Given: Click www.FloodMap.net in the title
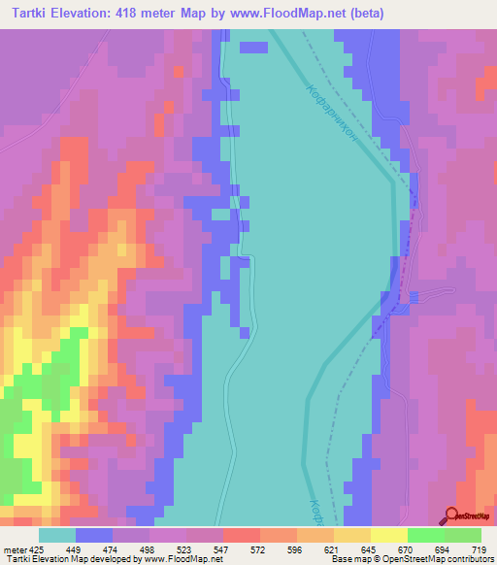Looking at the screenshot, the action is click(291, 14).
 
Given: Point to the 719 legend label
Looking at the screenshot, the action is click(480, 549).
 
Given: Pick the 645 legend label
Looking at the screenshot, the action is click(369, 549).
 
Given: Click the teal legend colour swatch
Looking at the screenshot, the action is click(57, 535).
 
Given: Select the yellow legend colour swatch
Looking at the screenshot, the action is click(388, 535).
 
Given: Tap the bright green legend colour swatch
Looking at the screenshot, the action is click(425, 535).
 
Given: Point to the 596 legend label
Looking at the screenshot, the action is click(294, 549).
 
